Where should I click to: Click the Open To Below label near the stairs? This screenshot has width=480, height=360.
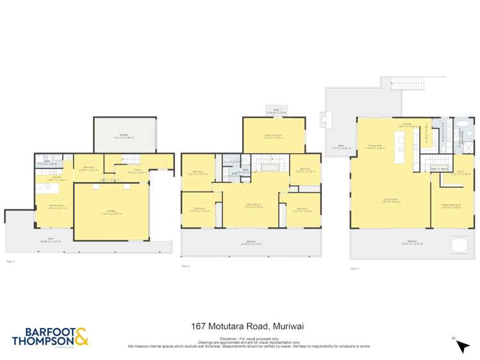pos(438,170)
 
